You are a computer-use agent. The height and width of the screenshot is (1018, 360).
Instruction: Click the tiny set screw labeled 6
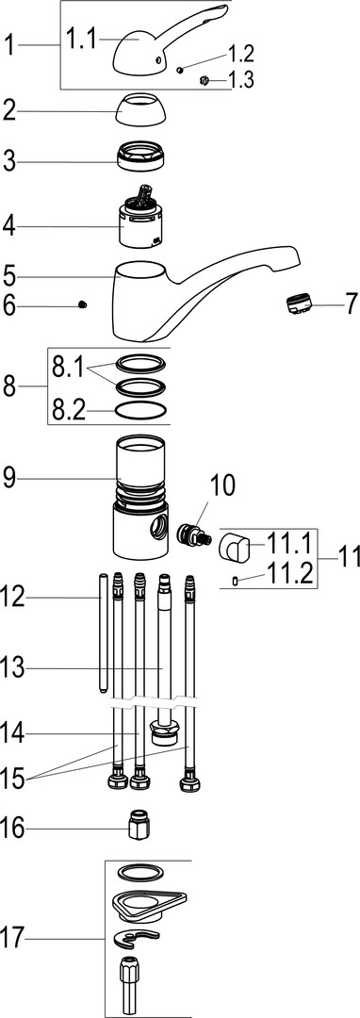pos(82,304)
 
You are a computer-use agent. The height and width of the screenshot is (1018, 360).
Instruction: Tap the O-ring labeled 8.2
pos(139,410)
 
